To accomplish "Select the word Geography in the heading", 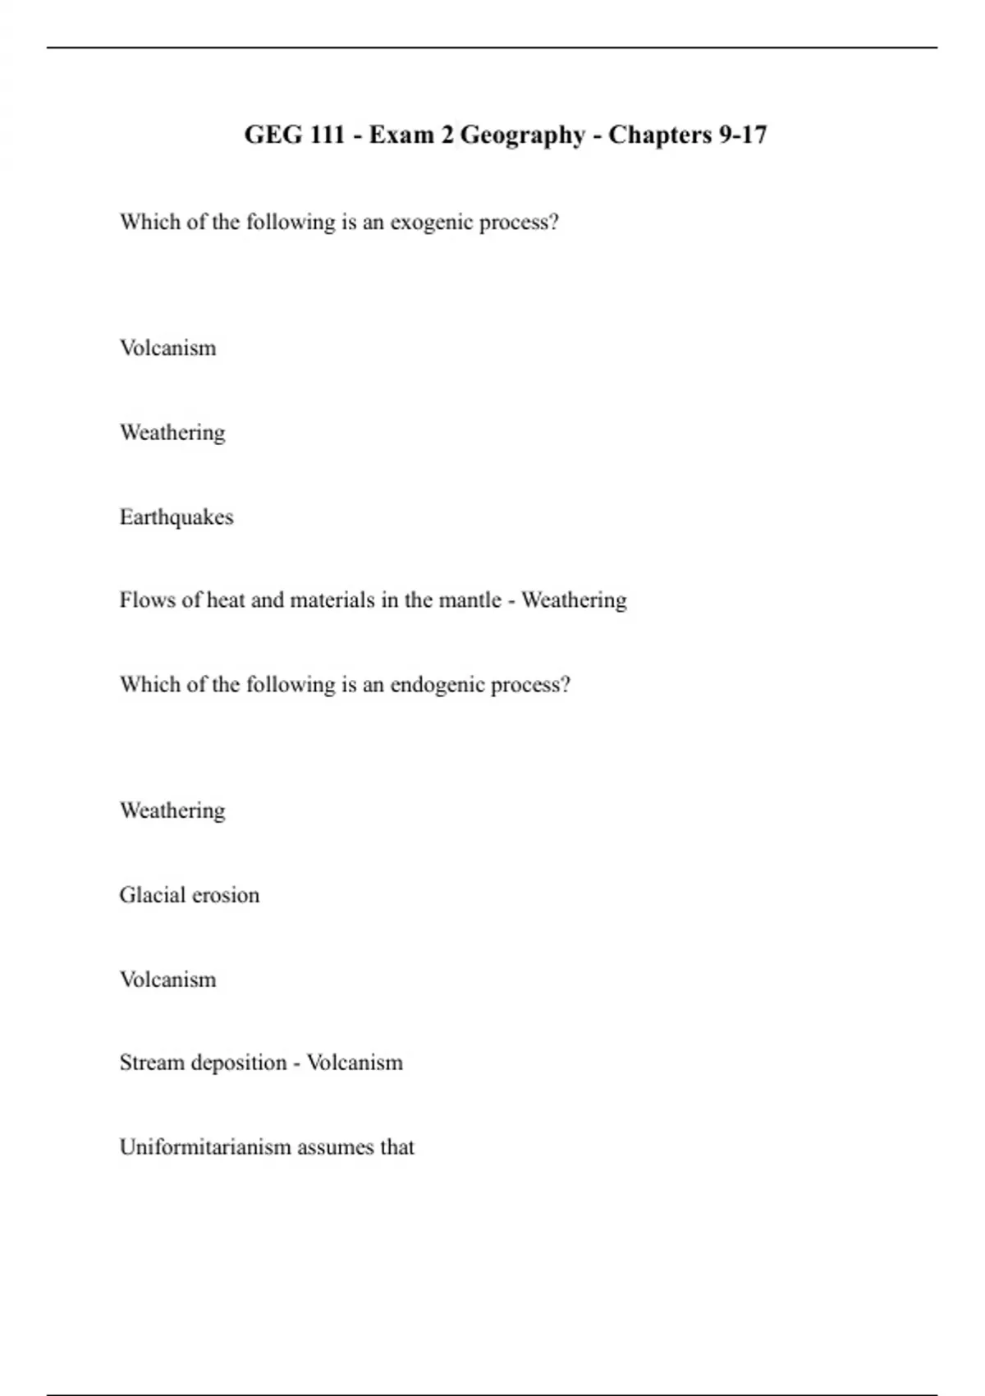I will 522,135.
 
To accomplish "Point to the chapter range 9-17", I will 743,135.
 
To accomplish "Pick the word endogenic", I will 436,685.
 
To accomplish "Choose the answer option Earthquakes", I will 176,517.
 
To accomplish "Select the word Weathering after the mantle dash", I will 574,600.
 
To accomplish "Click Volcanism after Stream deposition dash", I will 355,1063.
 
